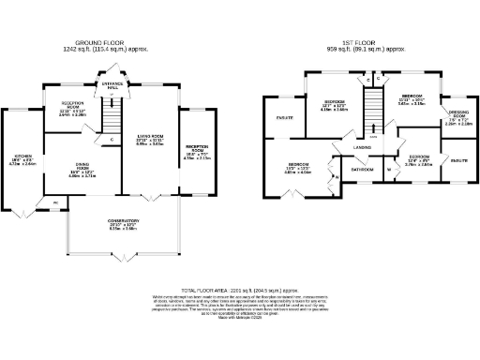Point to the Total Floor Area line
240,292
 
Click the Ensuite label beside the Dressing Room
458,162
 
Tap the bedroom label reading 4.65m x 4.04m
299,169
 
